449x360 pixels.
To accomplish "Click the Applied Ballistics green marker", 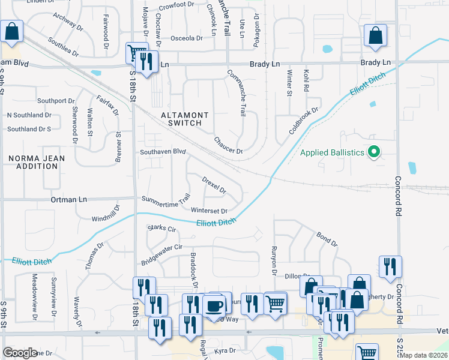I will (374, 152).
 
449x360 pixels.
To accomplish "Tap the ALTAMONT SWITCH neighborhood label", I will (184, 119).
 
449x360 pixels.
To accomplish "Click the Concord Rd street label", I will (398, 197).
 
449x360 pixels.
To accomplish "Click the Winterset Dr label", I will (209, 211).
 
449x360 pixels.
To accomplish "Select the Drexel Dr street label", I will (214, 185).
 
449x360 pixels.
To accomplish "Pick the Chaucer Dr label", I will (228, 146).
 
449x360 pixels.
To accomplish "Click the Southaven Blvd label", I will (163, 152).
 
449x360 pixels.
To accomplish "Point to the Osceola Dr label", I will (187, 38).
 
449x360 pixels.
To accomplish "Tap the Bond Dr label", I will (327, 239).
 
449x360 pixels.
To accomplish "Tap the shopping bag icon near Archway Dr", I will (11, 32).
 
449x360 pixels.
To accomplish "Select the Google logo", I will (20, 353).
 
